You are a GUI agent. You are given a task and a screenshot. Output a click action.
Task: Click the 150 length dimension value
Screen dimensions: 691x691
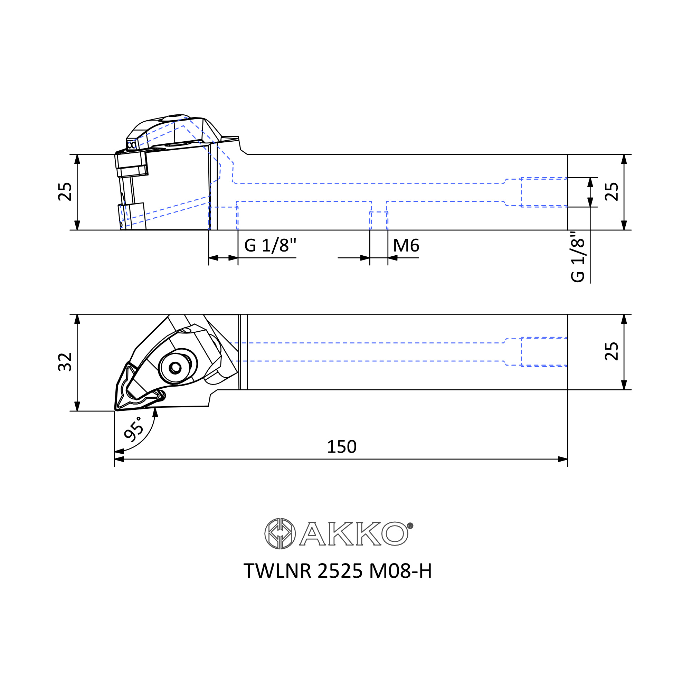pos(342,447)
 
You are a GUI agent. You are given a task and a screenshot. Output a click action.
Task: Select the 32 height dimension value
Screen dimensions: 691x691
pos(65,362)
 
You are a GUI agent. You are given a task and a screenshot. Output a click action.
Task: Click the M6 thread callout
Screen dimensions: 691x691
pos(406,245)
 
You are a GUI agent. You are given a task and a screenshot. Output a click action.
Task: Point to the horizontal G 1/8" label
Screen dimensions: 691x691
pos(271,245)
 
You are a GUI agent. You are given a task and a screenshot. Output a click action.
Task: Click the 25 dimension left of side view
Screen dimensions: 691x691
pos(65,192)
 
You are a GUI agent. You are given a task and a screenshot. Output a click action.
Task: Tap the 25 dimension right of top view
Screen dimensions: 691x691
pos(612,352)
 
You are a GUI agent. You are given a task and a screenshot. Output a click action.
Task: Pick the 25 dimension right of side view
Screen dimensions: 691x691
pos(612,192)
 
